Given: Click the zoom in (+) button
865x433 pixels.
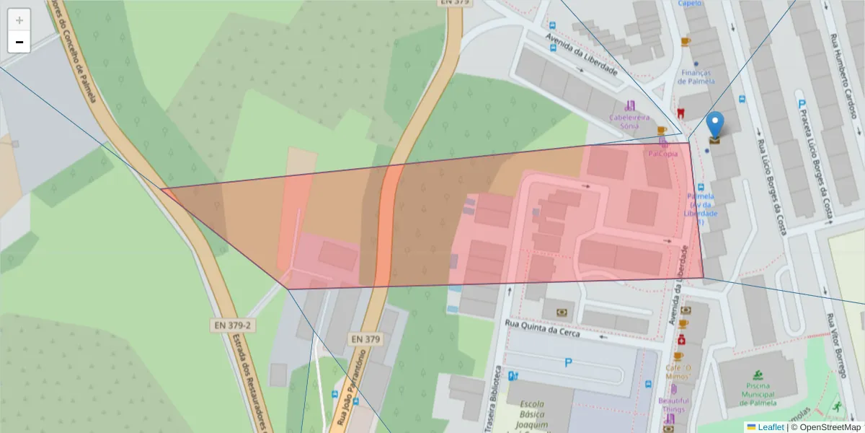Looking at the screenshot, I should point(19,20).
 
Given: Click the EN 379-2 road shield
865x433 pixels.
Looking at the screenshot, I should point(232,325).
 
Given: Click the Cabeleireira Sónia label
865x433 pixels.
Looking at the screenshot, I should point(629,121).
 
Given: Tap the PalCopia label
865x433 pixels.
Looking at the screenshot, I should point(662,154).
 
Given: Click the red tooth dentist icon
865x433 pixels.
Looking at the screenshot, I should point(680,113).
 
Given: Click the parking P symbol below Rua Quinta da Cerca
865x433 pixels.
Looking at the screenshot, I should point(568,363).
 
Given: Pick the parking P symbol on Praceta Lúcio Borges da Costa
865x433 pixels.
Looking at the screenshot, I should point(802,105).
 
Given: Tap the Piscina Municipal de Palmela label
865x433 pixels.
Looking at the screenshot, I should point(758,394).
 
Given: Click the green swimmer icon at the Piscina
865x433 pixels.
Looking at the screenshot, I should point(758,375).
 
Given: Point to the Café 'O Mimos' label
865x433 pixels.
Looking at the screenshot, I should point(678,372).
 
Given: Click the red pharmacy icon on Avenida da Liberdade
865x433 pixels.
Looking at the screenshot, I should point(681,339).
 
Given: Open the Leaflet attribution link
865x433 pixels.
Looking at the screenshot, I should point(770,427).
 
